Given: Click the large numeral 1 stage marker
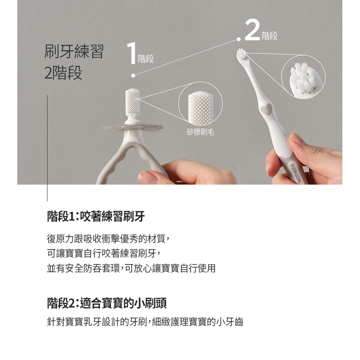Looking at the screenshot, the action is pyautogui.click(x=131, y=53).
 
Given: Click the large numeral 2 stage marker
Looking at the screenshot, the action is pyautogui.click(x=252, y=30).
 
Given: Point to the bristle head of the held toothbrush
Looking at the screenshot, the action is pyautogui.click(x=242, y=55).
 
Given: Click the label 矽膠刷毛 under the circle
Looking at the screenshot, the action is pyautogui.click(x=201, y=132).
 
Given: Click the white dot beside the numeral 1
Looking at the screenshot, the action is pyautogui.click(x=133, y=75).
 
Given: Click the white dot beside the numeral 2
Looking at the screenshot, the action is pyautogui.click(x=239, y=39).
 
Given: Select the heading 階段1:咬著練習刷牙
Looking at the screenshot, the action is pyautogui.click(x=96, y=216).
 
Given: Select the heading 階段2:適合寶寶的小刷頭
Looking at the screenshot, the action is pyautogui.click(x=107, y=303).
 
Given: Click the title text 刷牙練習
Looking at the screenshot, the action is pyautogui.click(x=74, y=51).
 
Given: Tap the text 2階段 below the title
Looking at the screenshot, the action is pyautogui.click(x=63, y=73).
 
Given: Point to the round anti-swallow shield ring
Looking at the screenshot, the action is pyautogui.click(x=132, y=127).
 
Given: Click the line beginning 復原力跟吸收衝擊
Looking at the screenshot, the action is pyautogui.click(x=108, y=239).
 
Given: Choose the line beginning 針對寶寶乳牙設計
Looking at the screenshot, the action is pyautogui.click(x=145, y=321).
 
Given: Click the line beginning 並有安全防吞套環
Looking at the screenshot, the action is pyautogui.click(x=131, y=268).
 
